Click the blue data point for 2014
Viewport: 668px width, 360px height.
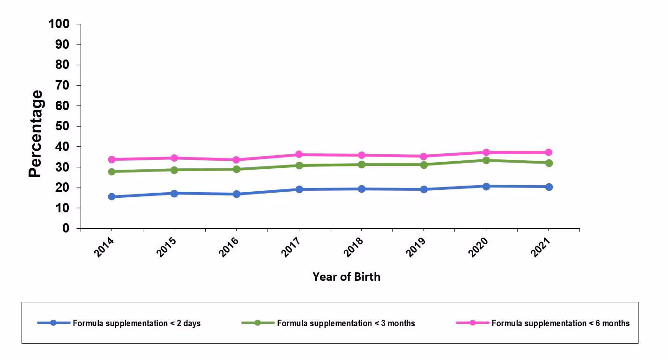pyautogui.click(x=111, y=196)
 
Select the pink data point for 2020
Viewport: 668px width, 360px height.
pyautogui.click(x=486, y=152)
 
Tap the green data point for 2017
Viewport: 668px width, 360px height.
pyautogui.click(x=299, y=165)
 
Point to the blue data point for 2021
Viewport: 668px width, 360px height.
pyautogui.click(x=549, y=187)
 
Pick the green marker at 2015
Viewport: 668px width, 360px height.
pyautogui.click(x=174, y=170)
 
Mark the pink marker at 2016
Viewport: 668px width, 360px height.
pyautogui.click(x=236, y=160)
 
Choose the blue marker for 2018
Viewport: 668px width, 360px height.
pyautogui.click(x=361, y=189)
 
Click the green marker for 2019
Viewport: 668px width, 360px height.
pyautogui.click(x=423, y=165)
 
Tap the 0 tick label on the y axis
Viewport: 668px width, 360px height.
pyautogui.click(x=66, y=228)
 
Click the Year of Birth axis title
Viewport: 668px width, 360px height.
pyautogui.click(x=346, y=277)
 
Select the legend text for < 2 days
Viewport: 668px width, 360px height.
pyautogui.click(x=136, y=323)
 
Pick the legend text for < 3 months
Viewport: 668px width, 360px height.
pyautogui.click(x=346, y=323)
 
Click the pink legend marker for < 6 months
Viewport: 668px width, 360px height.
pyautogui.click(x=472, y=323)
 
